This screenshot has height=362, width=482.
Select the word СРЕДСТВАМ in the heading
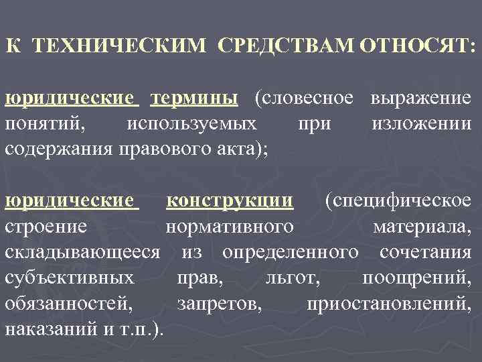287,46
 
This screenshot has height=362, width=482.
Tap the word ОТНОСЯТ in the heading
416,46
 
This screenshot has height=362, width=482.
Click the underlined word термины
194,98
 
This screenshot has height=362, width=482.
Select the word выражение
420,98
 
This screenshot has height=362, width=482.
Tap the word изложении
420,123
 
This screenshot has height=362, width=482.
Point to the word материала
422,226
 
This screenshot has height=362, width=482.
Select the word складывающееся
82,252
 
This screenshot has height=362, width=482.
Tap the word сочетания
425,252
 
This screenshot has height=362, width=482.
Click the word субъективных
70,278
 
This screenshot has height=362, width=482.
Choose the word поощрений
416,278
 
